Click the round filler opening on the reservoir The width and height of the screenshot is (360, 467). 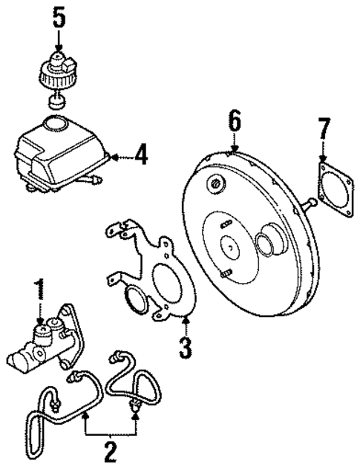coord(56,122)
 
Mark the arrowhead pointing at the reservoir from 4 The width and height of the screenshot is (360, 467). coord(113,157)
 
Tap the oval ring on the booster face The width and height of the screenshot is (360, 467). coord(266,244)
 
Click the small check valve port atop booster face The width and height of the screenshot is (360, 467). coord(215,183)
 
